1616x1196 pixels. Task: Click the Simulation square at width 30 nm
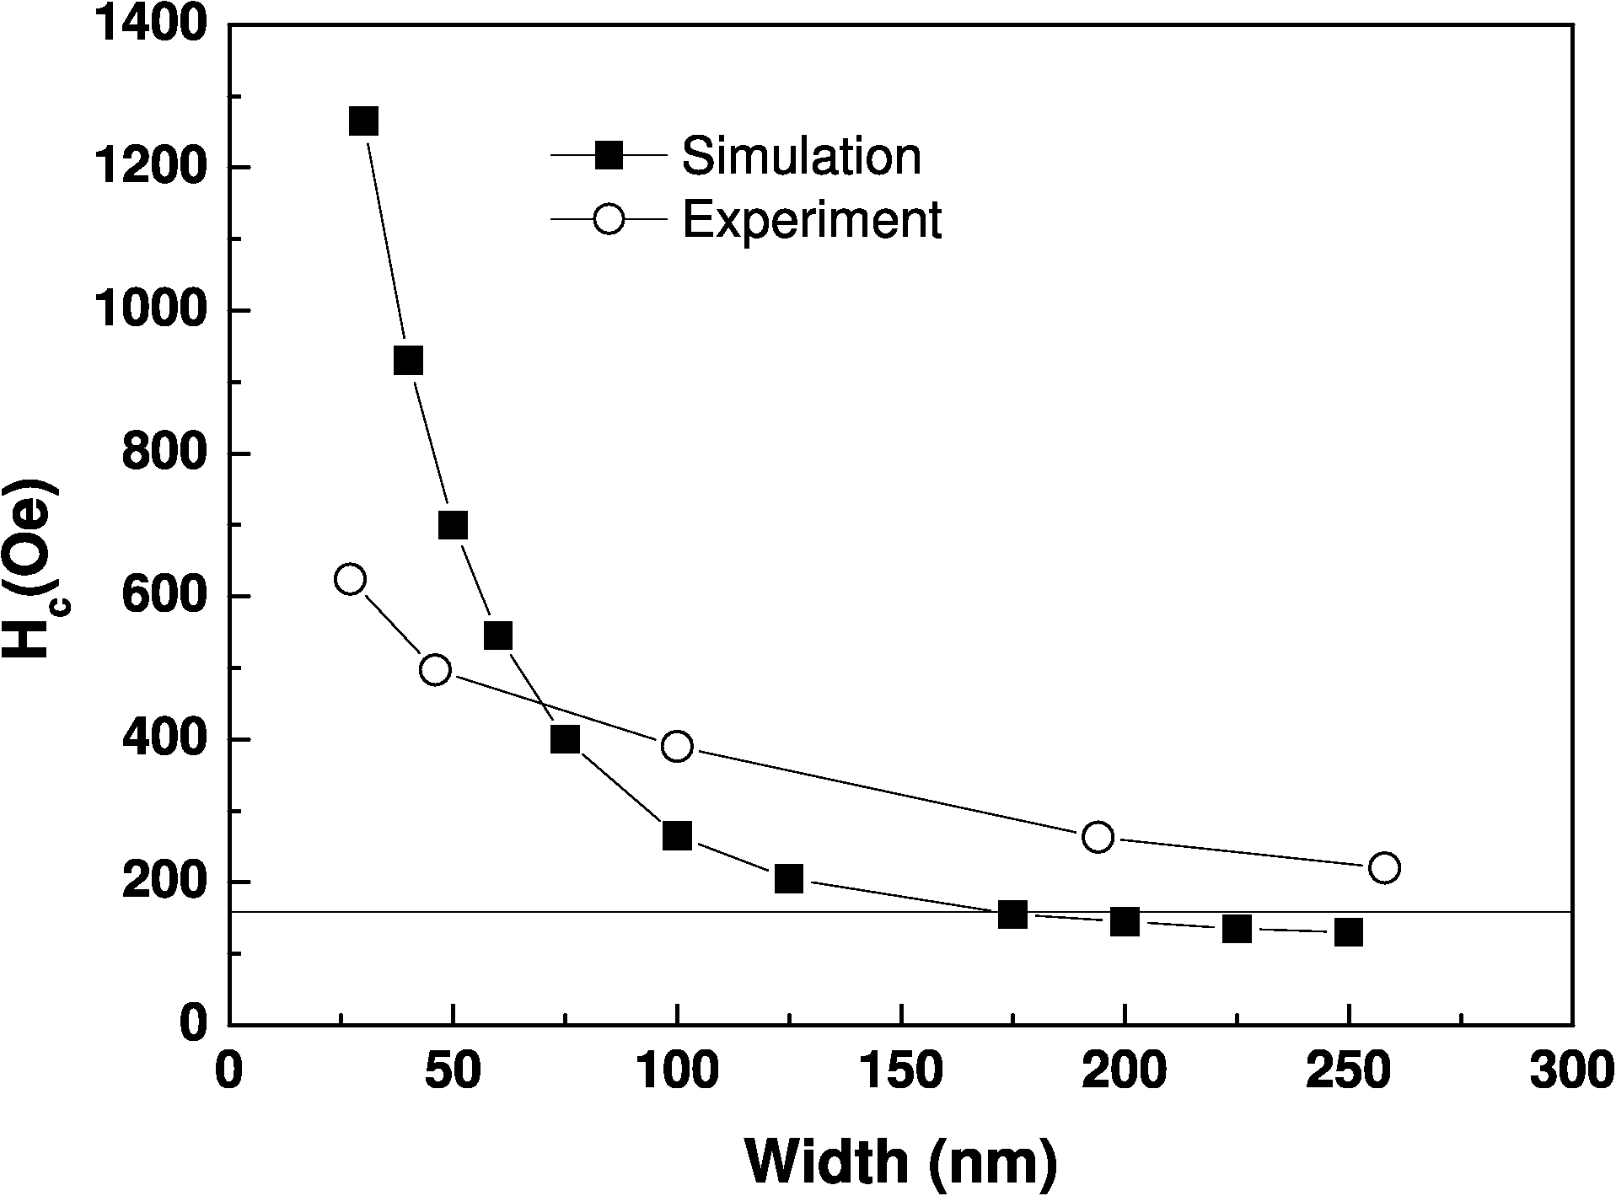pyautogui.click(x=363, y=121)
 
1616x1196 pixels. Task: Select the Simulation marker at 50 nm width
pyautogui.click(x=453, y=525)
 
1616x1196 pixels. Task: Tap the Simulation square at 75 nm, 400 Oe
pyautogui.click(x=565, y=739)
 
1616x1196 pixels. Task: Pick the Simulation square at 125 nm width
pyautogui.click(x=788, y=879)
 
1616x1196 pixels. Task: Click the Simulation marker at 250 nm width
pyautogui.click(x=1349, y=932)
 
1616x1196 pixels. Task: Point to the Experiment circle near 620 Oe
pyautogui.click(x=350, y=579)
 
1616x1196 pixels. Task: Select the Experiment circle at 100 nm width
pyautogui.click(x=677, y=746)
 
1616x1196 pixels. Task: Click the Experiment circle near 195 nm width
pyautogui.click(x=1098, y=837)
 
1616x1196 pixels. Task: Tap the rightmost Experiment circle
pyautogui.click(x=1385, y=867)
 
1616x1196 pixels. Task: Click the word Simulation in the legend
pyautogui.click(x=801, y=156)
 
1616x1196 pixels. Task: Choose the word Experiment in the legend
pyautogui.click(x=812, y=220)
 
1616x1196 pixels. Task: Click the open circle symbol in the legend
pyautogui.click(x=608, y=220)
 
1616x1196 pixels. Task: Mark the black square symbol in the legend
pyautogui.click(x=608, y=155)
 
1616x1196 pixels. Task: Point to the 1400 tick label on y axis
pyautogui.click(x=151, y=25)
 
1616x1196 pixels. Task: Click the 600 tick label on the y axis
pyautogui.click(x=165, y=597)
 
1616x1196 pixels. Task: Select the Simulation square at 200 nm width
pyautogui.click(x=1125, y=922)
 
